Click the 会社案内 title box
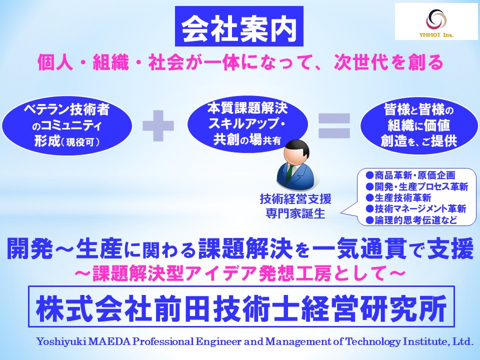(x=239, y=27)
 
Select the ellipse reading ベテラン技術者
(x=67, y=124)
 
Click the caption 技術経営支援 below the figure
(x=295, y=199)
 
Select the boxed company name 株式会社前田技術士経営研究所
(x=241, y=305)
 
